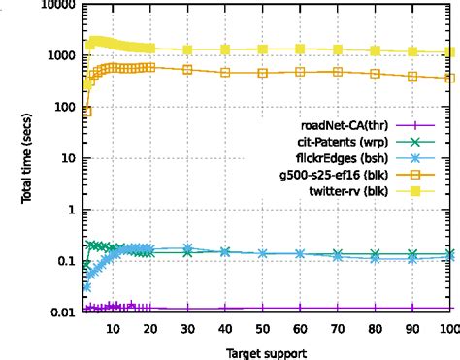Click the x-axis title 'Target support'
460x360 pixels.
(263, 349)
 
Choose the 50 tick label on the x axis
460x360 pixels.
(263, 329)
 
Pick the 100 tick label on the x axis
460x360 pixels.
(448, 329)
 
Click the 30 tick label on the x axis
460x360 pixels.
(187, 329)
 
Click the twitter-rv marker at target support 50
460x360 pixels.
(263, 49)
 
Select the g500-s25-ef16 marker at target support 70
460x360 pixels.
(338, 72)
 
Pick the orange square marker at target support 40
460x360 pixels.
(225, 73)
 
